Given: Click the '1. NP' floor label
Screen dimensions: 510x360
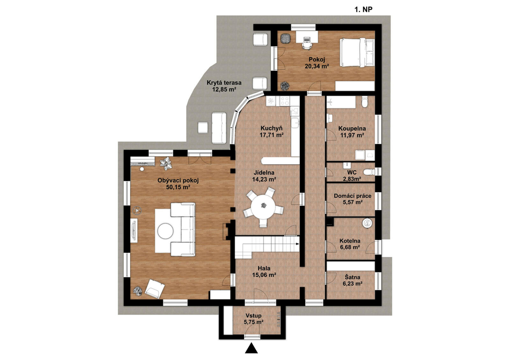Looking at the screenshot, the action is click(x=363, y=10).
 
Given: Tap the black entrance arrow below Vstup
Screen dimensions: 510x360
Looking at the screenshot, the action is click(x=251, y=348).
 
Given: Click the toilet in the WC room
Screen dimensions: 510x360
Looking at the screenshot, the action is click(x=369, y=172).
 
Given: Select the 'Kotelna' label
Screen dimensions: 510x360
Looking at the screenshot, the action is click(x=350, y=241).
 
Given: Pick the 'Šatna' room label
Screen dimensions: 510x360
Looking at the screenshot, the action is click(x=352, y=277).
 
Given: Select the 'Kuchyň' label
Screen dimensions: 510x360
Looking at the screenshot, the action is click(x=271, y=128).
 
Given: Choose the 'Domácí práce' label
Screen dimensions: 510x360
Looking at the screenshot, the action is click(x=353, y=196).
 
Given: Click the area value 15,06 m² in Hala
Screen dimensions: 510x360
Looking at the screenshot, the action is click(x=264, y=275).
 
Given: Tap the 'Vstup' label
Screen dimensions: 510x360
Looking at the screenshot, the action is click(x=254, y=316).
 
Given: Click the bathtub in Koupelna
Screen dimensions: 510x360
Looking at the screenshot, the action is click(x=341, y=104).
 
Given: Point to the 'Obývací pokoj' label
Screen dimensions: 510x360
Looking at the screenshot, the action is click(x=178, y=180).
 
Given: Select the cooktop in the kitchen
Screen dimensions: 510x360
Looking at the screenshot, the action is click(x=285, y=101).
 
